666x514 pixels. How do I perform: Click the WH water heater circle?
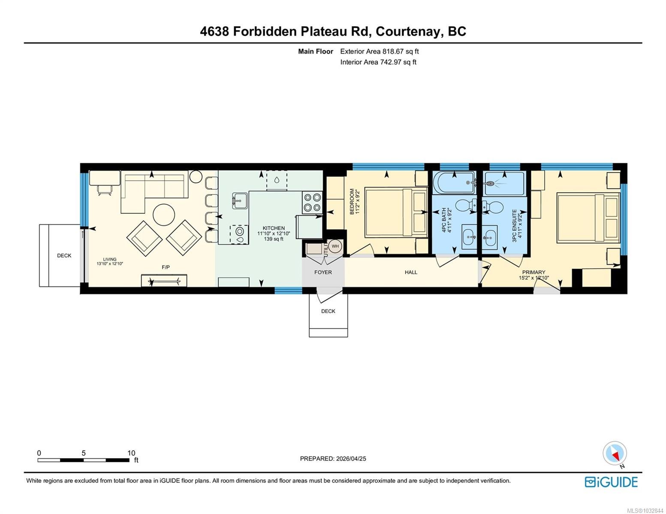[335, 246]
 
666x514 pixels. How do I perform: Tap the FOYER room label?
[323, 272]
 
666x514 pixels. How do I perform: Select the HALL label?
[411, 272]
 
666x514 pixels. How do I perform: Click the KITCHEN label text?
[273, 228]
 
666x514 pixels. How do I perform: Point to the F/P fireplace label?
[166, 267]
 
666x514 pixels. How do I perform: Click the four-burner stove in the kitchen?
[312, 202]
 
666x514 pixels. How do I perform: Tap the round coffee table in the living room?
[164, 215]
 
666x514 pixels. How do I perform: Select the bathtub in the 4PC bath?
[455, 183]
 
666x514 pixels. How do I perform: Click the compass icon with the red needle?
[615, 453]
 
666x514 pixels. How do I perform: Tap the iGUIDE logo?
[611, 482]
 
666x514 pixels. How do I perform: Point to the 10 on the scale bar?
[131, 453]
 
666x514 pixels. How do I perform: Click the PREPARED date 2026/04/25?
[351, 459]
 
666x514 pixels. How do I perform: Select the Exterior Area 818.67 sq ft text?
[379, 51]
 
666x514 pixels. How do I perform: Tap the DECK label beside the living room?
[64, 255]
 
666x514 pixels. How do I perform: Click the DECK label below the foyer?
[328, 311]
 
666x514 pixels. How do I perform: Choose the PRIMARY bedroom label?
[533, 272]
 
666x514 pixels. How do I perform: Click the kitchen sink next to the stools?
[240, 201]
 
